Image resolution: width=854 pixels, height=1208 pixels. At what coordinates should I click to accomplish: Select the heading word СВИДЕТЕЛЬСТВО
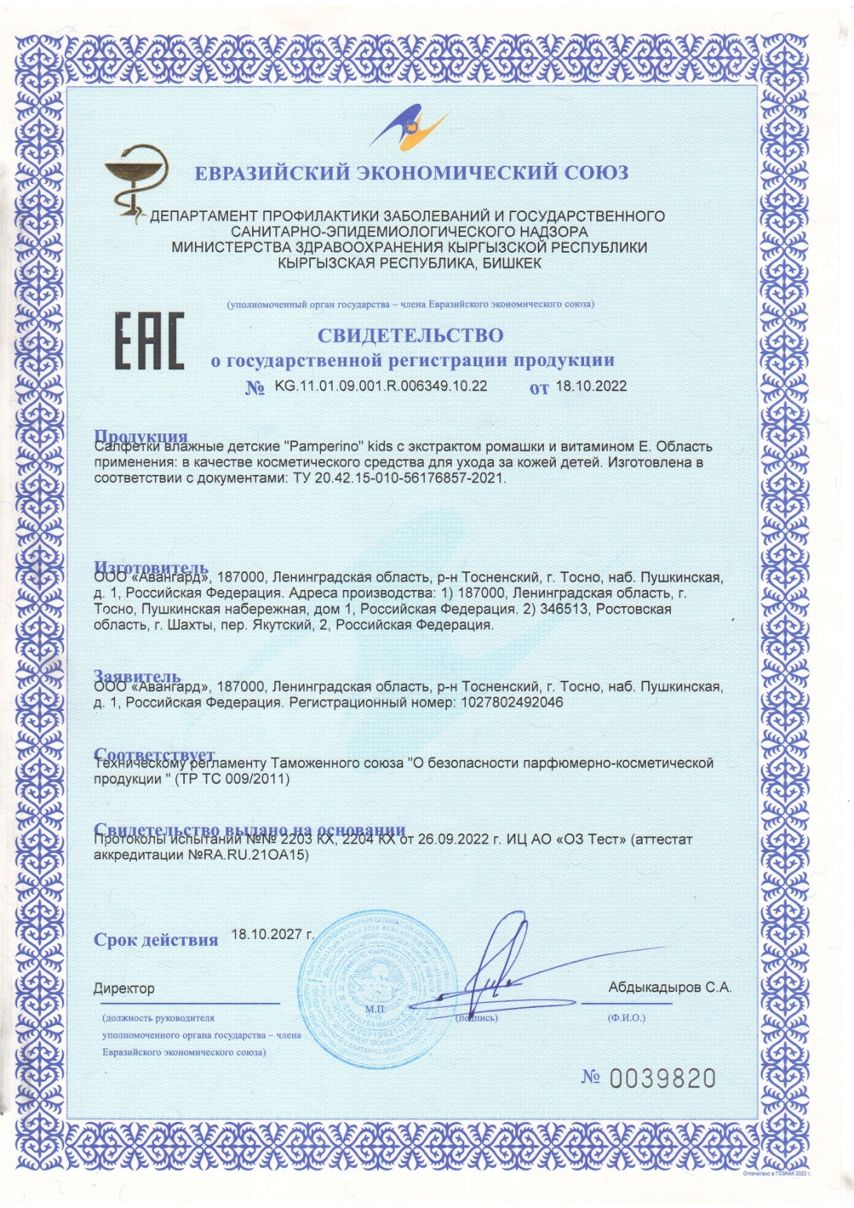[410, 336]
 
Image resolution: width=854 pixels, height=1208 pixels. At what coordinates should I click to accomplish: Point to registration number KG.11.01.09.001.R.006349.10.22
[381, 386]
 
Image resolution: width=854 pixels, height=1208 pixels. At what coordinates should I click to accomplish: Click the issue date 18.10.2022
[591, 386]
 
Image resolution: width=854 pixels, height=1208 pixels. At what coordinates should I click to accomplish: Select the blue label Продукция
[141, 437]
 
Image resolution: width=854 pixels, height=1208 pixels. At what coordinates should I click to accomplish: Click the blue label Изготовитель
[151, 567]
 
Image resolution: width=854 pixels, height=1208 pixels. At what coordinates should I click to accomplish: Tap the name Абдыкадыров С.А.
[669, 987]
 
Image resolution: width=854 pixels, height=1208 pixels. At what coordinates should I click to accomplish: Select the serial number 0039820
[662, 1079]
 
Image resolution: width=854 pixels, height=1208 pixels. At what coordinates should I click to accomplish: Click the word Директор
[124, 989]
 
